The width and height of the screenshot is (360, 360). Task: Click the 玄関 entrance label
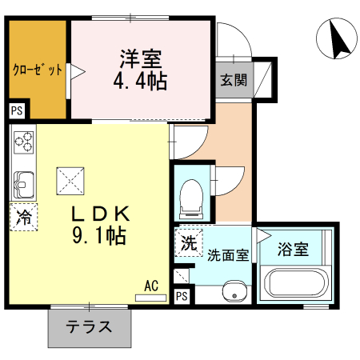234,80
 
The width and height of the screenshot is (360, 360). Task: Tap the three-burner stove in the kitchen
25,142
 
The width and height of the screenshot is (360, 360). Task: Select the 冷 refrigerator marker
24,216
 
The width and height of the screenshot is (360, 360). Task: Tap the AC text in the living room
151,284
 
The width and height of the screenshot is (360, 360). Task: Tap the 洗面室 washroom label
229,257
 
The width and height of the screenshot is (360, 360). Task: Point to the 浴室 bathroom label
293,249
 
